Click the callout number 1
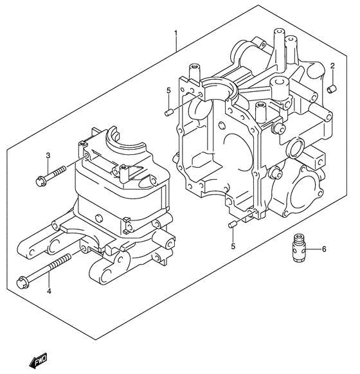tap(176, 33)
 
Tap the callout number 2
tap(332, 66)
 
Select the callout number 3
tap(48, 156)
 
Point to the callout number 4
tap(49, 291)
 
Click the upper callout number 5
tap(168, 91)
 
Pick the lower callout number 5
tap(233, 246)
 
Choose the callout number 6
tap(324, 249)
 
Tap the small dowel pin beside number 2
tap(332, 89)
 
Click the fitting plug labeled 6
tap(298, 247)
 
